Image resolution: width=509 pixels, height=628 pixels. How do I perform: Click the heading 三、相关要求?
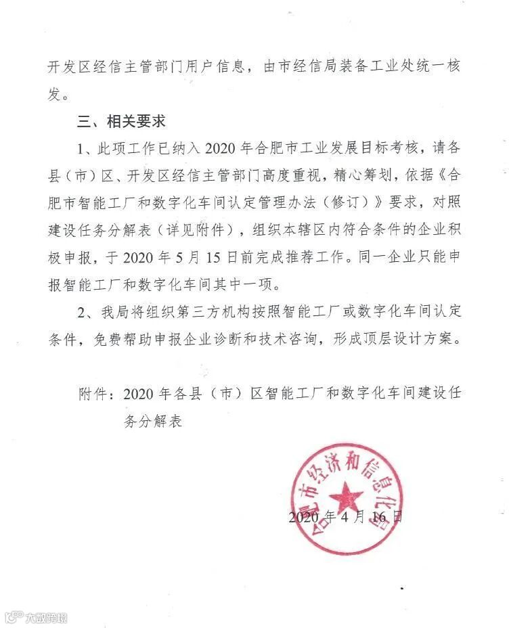click(121, 122)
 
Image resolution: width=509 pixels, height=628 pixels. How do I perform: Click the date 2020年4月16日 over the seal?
click(345, 518)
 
